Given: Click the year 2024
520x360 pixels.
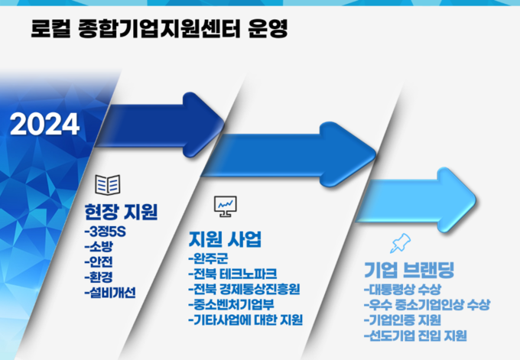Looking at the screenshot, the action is (45, 124).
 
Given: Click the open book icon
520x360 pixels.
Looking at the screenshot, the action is (108, 185).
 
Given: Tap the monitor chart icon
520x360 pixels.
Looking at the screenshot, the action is (226, 206).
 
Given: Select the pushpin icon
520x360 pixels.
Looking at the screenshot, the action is (401, 243).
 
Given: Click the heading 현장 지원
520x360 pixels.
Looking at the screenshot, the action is (121, 212).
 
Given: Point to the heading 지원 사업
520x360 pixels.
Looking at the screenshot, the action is (225, 239).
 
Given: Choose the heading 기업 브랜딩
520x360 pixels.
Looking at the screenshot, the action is (409, 270).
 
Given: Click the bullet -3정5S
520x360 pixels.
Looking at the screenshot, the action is (105, 232).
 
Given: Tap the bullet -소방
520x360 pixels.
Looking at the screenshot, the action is (99, 246).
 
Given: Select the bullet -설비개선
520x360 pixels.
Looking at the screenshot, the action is (110, 293).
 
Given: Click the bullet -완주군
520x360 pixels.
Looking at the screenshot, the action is (208, 258).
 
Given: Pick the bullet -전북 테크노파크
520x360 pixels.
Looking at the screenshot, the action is (232, 274).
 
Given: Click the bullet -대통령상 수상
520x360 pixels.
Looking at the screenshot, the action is (402, 290).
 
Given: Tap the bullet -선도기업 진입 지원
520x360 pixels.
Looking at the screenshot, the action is (415, 336).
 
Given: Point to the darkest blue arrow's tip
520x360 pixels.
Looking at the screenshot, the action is (224, 125).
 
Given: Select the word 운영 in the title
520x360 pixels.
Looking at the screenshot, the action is (268, 28).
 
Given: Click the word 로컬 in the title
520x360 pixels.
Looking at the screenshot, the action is (50, 28).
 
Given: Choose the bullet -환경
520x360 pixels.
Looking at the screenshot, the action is (99, 277).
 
